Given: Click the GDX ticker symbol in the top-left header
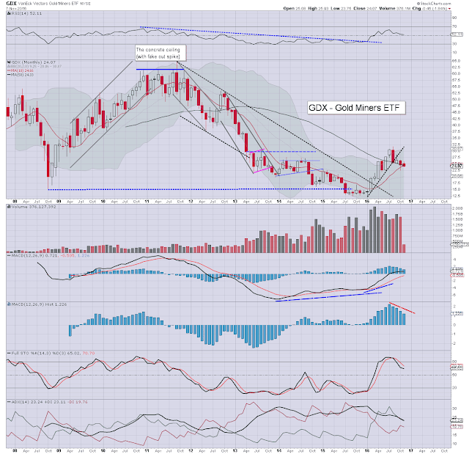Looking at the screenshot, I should point(10,4).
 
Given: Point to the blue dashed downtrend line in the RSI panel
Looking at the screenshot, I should point(256,34).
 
